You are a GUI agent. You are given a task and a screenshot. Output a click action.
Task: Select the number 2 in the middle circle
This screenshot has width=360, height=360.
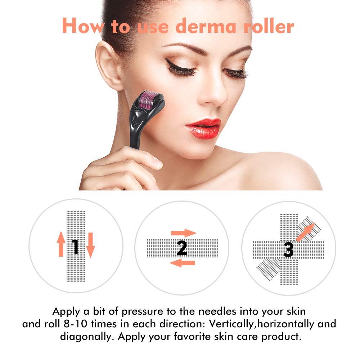click(182, 248)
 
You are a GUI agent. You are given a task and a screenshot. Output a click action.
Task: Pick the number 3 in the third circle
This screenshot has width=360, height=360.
click(288, 249)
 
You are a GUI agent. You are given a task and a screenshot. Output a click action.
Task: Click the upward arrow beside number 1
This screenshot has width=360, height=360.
click(61, 244)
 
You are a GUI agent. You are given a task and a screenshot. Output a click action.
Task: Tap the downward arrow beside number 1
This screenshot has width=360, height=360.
click(90, 245)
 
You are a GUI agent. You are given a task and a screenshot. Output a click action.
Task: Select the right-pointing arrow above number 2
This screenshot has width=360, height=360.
click(183, 233)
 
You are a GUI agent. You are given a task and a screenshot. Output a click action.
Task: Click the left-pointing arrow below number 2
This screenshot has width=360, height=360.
click(182, 263)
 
